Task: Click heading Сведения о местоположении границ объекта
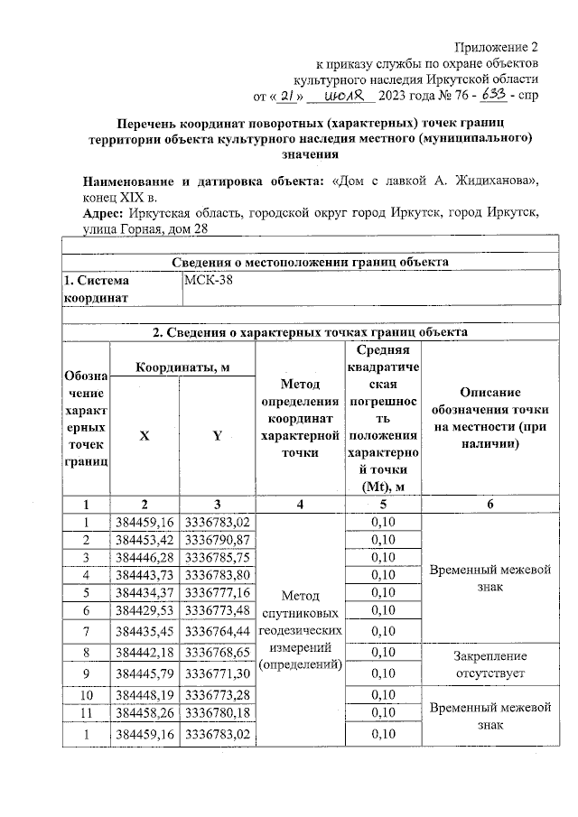[x=310, y=262]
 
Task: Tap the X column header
[x=144, y=435]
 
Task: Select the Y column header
[x=217, y=435]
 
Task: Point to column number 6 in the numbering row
[x=489, y=505]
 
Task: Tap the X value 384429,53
[x=144, y=610]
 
